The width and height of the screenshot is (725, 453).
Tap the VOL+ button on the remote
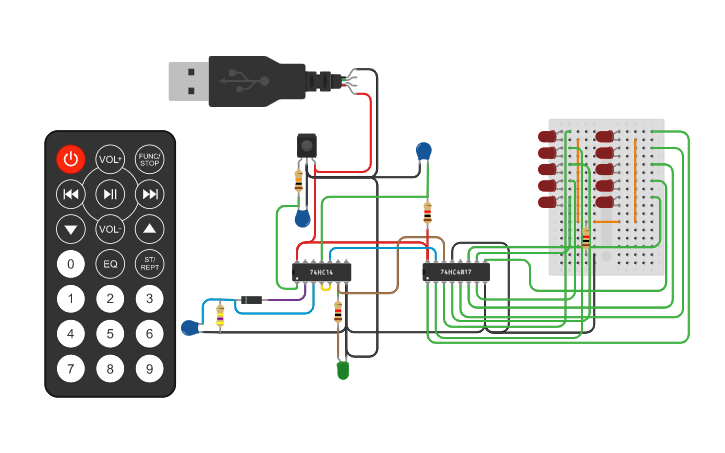[x=110, y=159]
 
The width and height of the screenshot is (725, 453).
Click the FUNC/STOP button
[x=149, y=159]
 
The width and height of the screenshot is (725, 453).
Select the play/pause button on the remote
[x=110, y=194]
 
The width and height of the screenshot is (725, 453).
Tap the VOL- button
[x=110, y=229]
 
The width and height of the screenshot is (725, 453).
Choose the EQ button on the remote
[x=110, y=264]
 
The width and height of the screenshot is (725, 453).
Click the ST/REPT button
[x=149, y=264]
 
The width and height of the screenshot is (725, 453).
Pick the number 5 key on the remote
[x=110, y=334]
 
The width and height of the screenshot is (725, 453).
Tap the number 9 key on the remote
[x=149, y=369]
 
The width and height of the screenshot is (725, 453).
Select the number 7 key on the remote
[x=70, y=369]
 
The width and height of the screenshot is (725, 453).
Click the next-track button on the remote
[x=149, y=194]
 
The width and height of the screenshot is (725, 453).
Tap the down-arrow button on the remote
[x=70, y=229]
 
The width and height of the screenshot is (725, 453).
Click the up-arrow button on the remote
[x=149, y=229]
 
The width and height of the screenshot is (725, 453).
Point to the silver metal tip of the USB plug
[x=187, y=81]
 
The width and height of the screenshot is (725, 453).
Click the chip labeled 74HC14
[x=321, y=272]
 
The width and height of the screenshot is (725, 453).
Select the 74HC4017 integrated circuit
[x=456, y=272]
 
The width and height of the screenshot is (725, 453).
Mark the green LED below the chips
[x=342, y=370]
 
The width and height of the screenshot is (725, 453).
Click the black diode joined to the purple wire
[x=251, y=300]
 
